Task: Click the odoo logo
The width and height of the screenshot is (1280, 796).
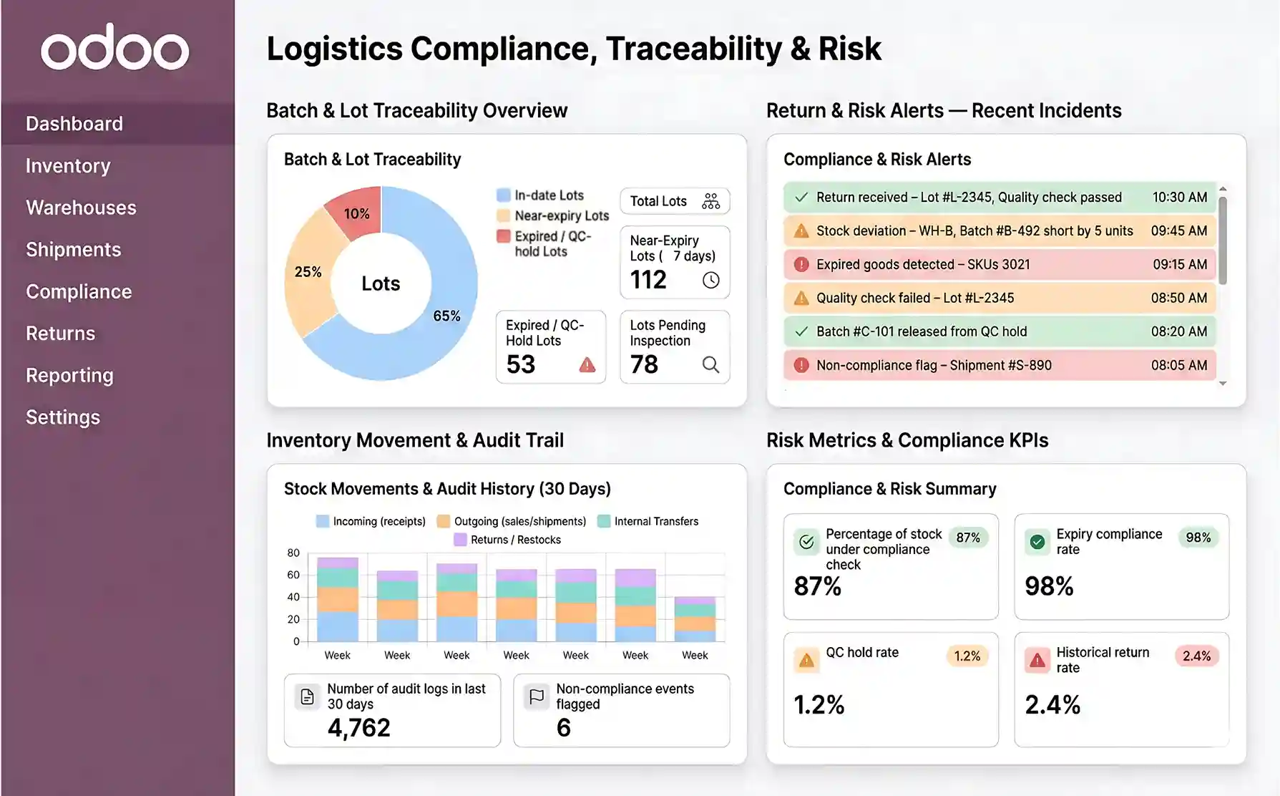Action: pos(115,48)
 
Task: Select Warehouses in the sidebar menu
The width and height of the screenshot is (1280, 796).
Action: pos(81,208)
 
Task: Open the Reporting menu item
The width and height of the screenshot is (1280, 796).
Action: pos(69,375)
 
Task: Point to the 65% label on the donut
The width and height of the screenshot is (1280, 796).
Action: pos(446,316)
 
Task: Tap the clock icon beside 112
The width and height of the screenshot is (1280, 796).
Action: pos(710,280)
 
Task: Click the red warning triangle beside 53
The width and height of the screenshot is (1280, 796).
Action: pos(587,365)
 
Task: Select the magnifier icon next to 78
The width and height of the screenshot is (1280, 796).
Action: pos(710,364)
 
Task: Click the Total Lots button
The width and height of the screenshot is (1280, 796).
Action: pos(674,201)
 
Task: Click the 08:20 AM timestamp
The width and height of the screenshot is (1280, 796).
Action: pos(1178,331)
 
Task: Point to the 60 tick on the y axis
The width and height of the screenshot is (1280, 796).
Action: pos(293,575)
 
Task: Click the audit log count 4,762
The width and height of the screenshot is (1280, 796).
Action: pos(359,727)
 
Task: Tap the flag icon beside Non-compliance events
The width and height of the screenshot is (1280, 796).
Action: pos(536,696)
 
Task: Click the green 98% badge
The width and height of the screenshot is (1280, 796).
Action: pos(1198,538)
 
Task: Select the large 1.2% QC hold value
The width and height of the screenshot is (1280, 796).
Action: pos(819,704)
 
